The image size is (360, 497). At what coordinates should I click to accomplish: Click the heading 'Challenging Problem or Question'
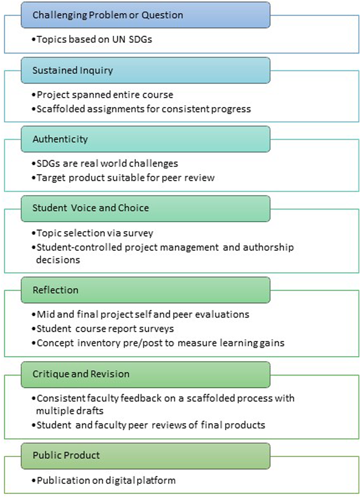108,15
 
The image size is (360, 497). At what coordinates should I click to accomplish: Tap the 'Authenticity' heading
60,139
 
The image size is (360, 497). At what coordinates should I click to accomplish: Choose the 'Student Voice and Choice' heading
90,208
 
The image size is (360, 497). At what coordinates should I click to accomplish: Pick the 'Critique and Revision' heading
81,374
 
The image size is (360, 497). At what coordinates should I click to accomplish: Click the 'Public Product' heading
66,455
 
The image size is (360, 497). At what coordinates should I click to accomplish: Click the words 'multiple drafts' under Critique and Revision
70,411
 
